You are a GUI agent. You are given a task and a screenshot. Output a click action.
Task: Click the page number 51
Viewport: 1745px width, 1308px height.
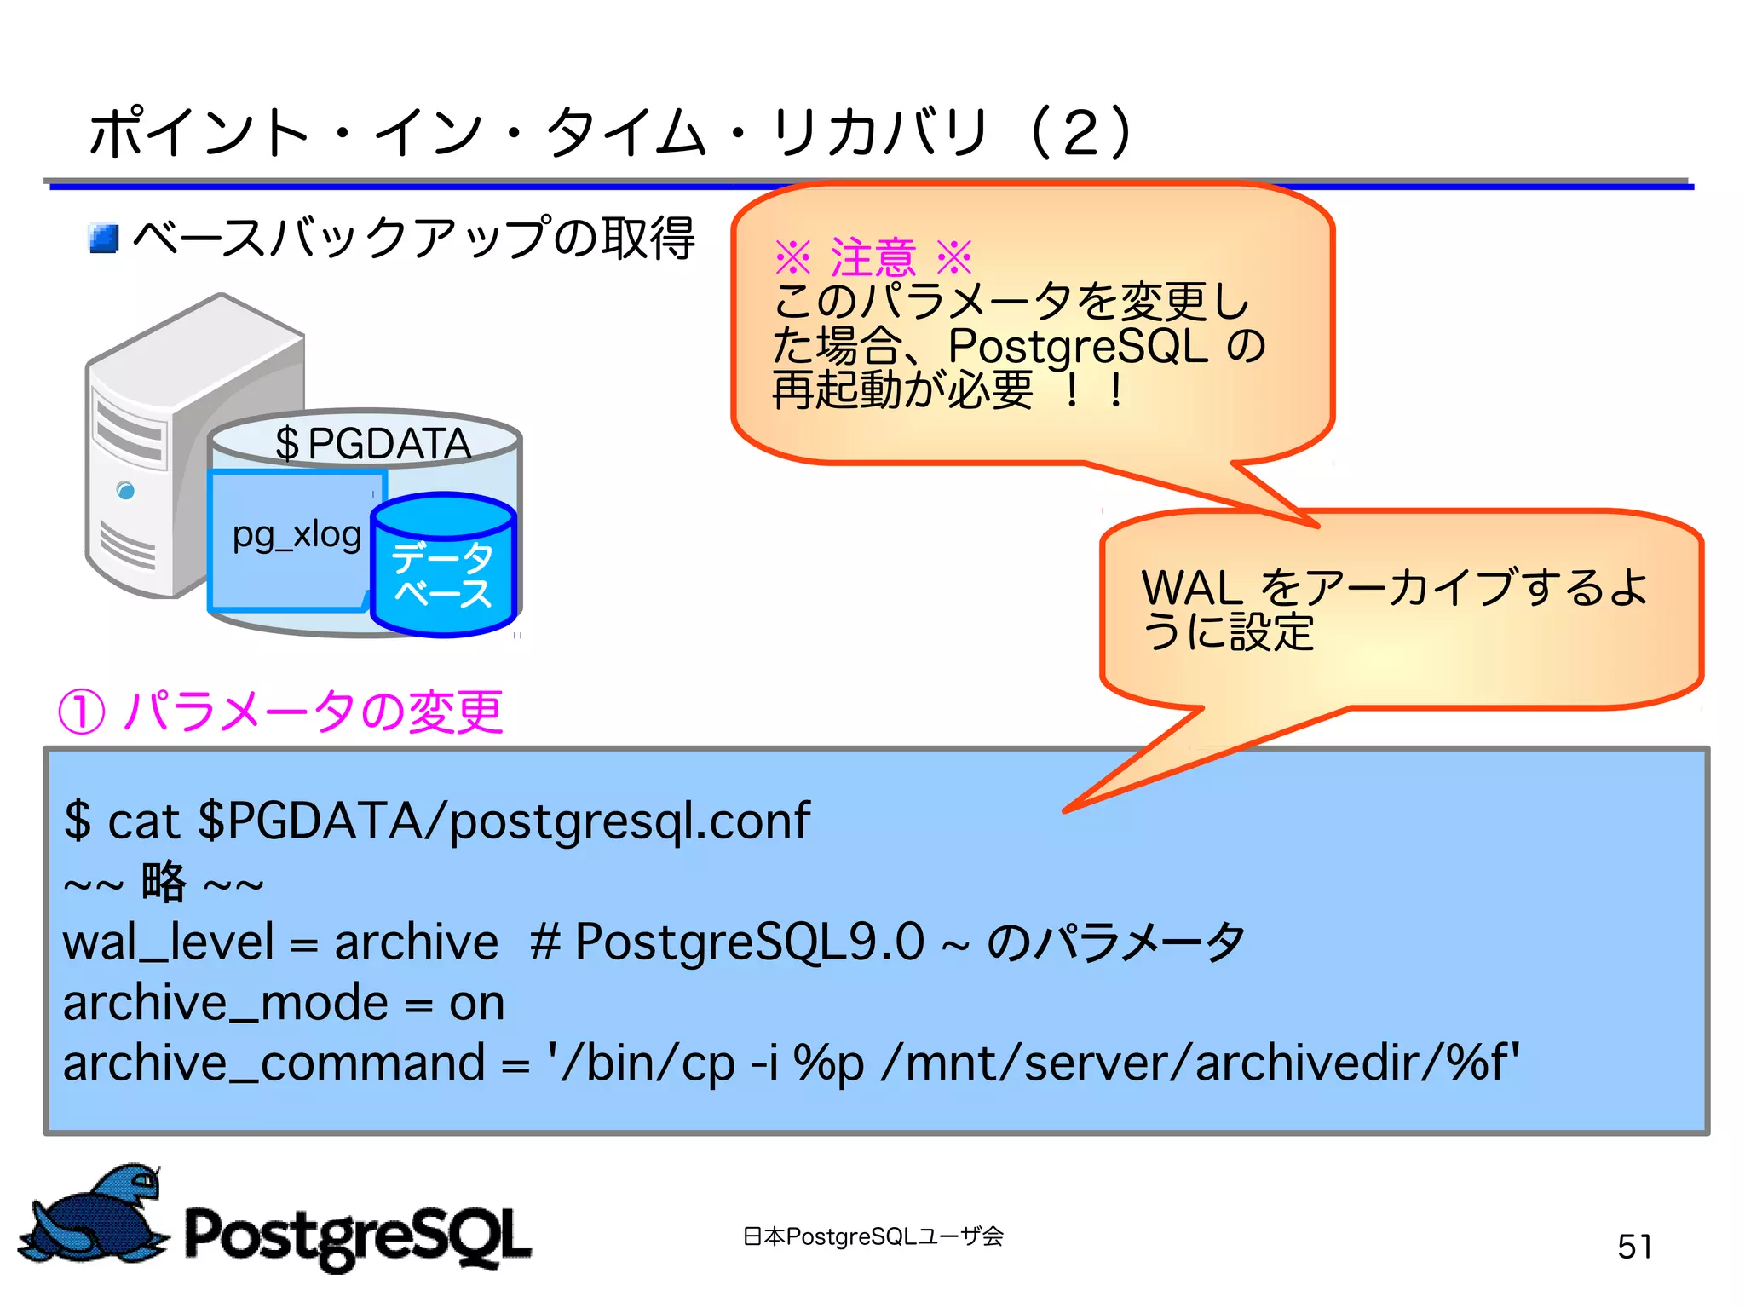1634,1247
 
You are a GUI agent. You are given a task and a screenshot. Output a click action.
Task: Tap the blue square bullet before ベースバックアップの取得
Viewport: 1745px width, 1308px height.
104,239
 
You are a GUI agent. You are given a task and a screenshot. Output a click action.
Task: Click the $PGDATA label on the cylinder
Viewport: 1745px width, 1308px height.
372,443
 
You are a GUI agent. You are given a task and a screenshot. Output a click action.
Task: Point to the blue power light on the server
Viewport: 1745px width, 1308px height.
126,491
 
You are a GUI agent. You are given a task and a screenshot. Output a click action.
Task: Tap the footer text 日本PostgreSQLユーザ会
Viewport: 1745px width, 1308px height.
872,1236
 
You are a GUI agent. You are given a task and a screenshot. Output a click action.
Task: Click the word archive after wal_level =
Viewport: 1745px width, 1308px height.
416,942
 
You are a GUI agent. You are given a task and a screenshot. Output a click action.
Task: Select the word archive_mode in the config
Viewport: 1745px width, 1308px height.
226,1003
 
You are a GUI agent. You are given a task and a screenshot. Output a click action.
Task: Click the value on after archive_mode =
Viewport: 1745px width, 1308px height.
476,1004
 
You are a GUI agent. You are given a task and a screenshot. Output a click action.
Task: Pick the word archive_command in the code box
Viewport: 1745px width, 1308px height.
274,1063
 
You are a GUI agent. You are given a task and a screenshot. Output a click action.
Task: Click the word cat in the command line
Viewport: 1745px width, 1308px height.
143,821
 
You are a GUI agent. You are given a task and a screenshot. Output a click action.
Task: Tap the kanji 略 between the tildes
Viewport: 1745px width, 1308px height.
164,881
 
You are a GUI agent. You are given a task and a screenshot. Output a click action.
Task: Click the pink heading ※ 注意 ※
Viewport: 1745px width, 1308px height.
872,256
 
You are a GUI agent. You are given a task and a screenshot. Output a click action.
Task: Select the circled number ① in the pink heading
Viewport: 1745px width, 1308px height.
82,712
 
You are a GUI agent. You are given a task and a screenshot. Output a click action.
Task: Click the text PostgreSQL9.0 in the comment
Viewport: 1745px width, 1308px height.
749,942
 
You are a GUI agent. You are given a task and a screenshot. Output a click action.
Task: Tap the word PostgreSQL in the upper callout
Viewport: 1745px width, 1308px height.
1078,346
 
